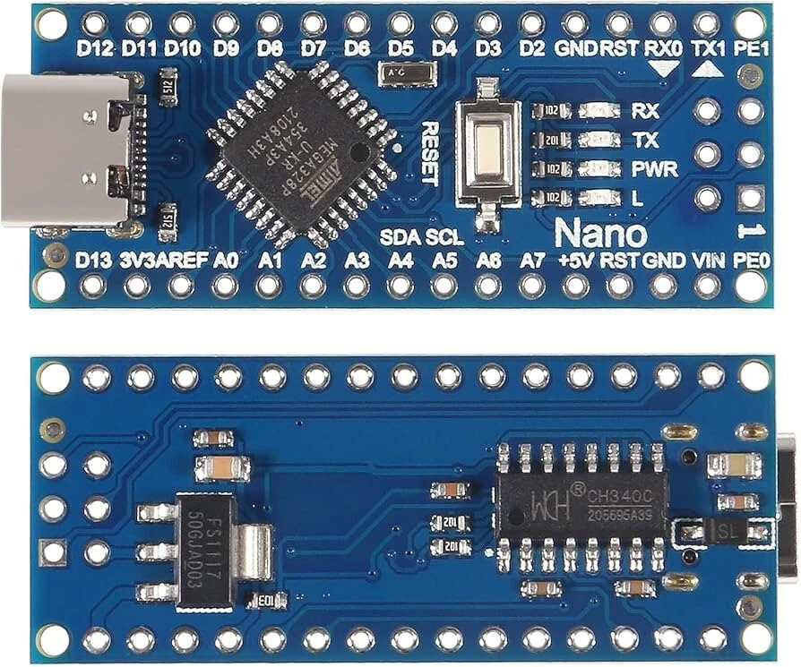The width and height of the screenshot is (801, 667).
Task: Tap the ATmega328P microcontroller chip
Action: click(301, 153)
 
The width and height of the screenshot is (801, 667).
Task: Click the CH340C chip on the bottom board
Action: click(581, 506)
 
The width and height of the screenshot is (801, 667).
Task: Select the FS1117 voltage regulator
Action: click(205, 552)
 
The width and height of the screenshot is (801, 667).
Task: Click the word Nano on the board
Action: click(600, 234)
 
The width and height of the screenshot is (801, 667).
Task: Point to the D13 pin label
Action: click(93, 261)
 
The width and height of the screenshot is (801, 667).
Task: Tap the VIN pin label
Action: click(708, 261)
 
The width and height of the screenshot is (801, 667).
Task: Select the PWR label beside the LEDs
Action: click(654, 169)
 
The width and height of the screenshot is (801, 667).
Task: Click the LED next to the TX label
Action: click(599, 141)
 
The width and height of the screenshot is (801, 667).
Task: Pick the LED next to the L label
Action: click(599, 198)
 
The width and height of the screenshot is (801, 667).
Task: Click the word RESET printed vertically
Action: click(428, 153)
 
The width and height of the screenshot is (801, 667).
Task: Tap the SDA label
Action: click(399, 238)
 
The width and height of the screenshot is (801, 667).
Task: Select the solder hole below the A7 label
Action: click(532, 286)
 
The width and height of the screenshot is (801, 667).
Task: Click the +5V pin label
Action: click(575, 261)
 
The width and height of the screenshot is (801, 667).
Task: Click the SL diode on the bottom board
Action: click(722, 533)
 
